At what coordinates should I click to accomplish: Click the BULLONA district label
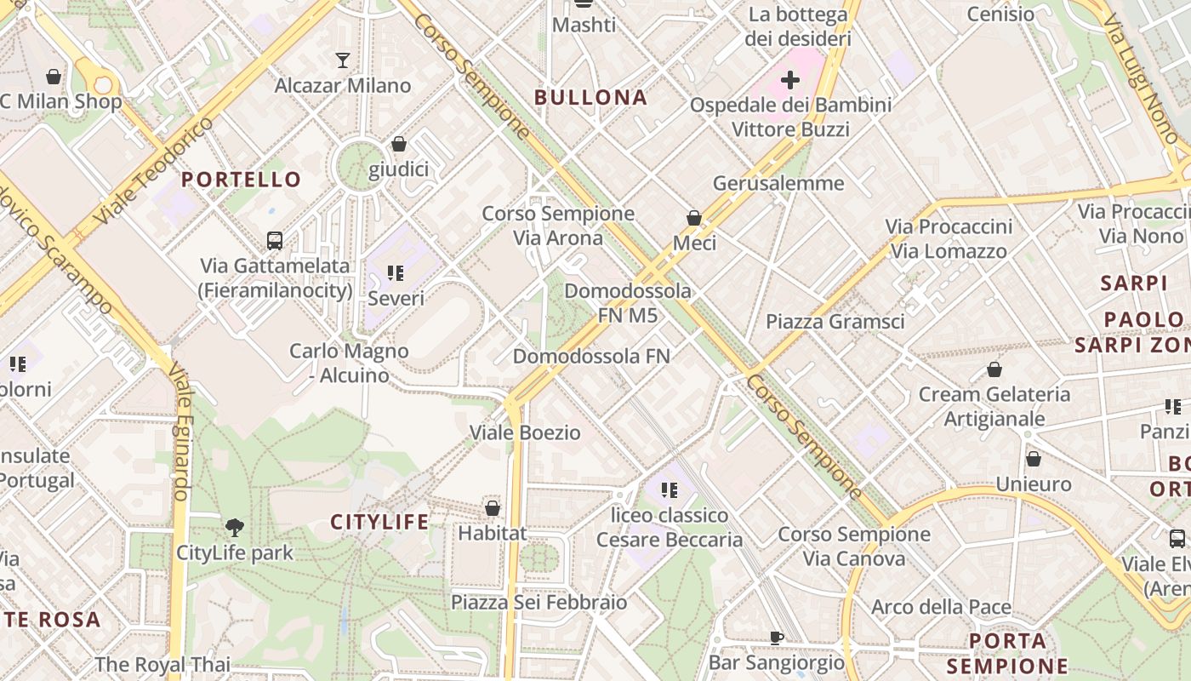click(590, 98)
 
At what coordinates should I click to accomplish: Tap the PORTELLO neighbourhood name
click(242, 180)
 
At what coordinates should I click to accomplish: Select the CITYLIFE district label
click(379, 522)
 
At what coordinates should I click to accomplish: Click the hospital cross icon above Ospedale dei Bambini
click(790, 80)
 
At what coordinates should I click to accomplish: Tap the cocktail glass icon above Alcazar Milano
click(342, 60)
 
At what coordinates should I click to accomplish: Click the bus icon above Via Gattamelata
click(275, 241)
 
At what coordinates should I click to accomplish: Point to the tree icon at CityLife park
click(235, 528)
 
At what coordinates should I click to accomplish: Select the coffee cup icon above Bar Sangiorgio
click(776, 638)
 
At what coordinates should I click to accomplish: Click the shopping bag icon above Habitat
click(492, 508)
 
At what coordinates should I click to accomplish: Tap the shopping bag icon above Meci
click(694, 218)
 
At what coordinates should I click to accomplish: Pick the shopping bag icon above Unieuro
click(1033, 459)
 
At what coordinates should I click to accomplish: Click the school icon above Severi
click(396, 273)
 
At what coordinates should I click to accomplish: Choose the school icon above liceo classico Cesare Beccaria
click(670, 490)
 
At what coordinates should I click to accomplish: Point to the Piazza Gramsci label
click(835, 322)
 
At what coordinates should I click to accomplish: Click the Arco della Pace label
click(941, 607)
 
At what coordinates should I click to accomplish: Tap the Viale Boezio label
click(526, 432)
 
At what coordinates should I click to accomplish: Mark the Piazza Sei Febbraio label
click(539, 603)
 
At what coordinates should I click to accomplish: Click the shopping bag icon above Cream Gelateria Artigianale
click(994, 369)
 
